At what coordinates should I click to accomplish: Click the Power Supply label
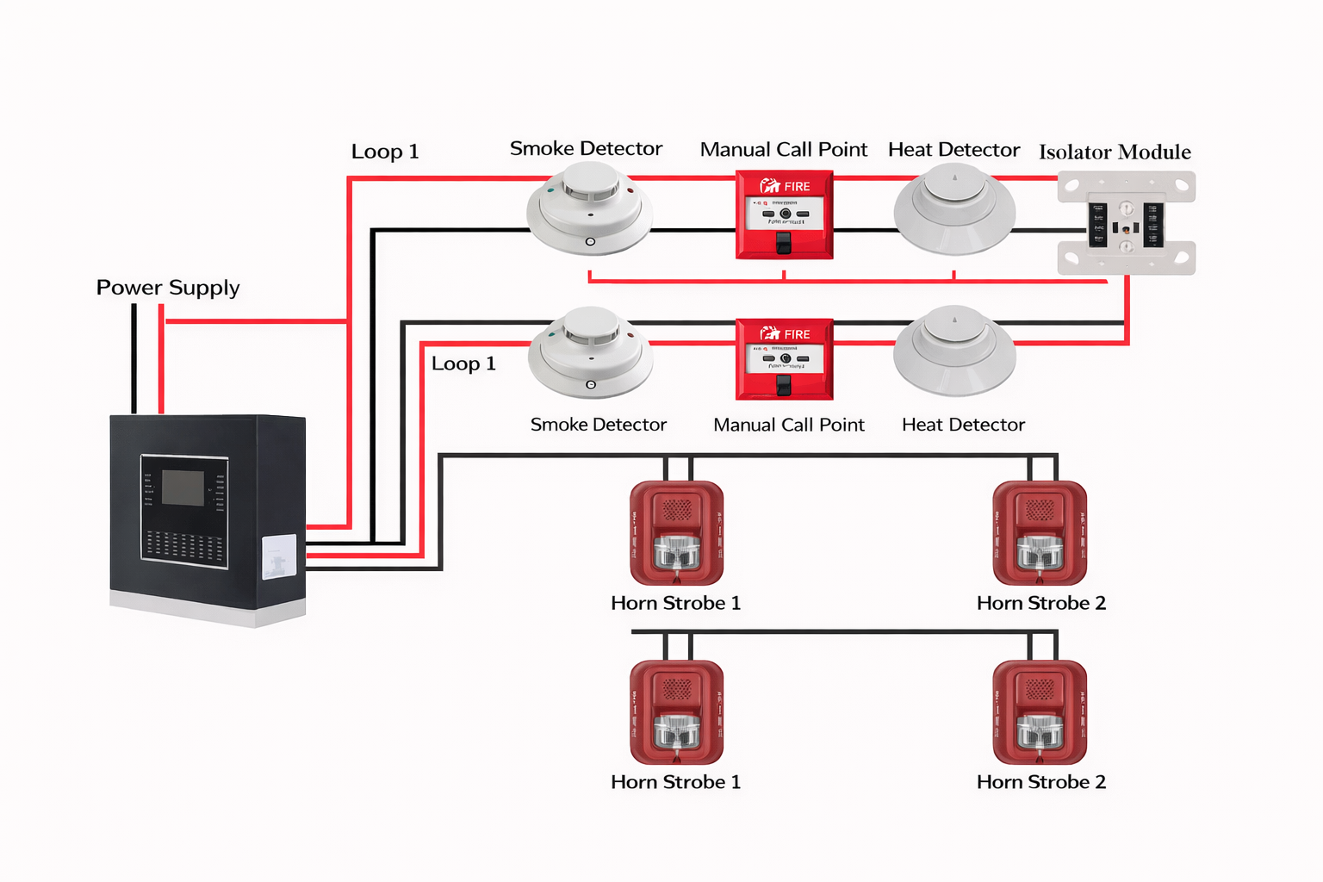(168, 289)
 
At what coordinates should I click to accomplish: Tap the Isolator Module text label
(1115, 152)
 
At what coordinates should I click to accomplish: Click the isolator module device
(1126, 223)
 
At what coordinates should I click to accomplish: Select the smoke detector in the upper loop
(590, 210)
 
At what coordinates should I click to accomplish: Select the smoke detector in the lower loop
(591, 353)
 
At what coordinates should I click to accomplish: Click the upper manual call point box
(784, 215)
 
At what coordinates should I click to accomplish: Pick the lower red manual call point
(784, 359)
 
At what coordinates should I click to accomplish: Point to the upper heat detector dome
(954, 210)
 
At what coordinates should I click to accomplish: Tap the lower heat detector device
(954, 351)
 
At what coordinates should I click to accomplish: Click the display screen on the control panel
(183, 488)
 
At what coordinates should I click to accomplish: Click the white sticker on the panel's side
(279, 556)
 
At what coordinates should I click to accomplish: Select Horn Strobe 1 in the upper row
(676, 532)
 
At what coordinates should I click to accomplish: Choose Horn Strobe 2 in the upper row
(1040, 532)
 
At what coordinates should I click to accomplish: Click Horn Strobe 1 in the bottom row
(676, 712)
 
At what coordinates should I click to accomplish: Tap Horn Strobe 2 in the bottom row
(1040, 712)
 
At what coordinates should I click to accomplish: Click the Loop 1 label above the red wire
(385, 152)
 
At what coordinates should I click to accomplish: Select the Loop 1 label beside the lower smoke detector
(463, 364)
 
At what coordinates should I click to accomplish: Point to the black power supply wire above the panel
(134, 357)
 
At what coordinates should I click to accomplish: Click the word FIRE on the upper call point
(797, 187)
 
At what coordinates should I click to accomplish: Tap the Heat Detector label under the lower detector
(963, 425)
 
